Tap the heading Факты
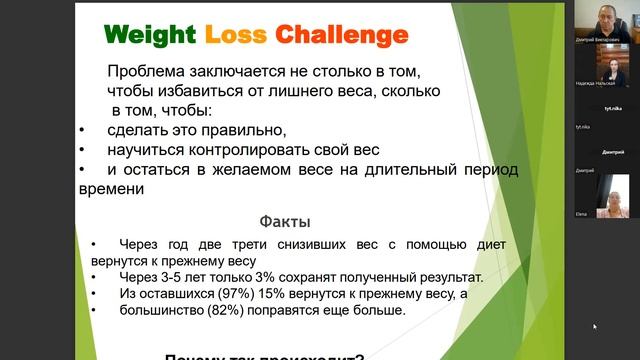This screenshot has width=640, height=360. tap(286, 221)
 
